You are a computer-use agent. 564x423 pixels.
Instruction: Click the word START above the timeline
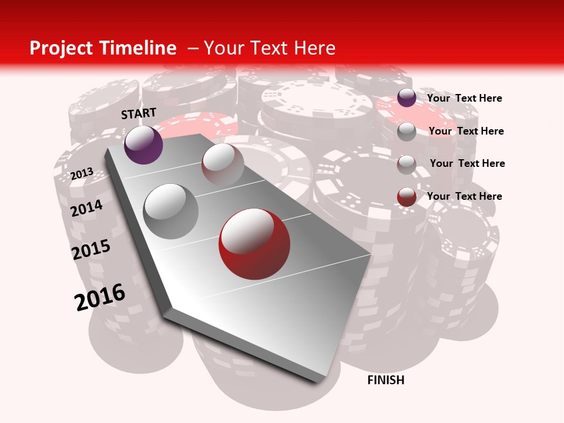(x=139, y=113)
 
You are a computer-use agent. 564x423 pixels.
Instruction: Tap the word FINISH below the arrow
(x=385, y=380)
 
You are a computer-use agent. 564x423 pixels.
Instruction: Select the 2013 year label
(x=82, y=174)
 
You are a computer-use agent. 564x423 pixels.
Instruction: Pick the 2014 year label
(x=86, y=208)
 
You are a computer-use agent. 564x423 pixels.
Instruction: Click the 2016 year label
(x=100, y=297)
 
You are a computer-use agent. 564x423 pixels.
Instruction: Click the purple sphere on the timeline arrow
(x=143, y=145)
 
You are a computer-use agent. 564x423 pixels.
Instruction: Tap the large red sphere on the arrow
(x=254, y=244)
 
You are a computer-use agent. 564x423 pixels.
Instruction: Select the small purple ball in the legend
(x=407, y=98)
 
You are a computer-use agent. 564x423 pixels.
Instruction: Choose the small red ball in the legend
(x=407, y=197)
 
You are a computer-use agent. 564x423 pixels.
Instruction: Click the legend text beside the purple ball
(x=464, y=98)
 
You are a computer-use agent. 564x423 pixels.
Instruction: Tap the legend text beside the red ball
(x=464, y=196)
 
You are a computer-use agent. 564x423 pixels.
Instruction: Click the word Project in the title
(x=61, y=48)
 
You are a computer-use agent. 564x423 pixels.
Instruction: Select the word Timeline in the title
(x=138, y=48)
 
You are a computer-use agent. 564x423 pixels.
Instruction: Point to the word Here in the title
(x=314, y=48)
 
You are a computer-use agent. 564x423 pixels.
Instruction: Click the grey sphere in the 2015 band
(x=171, y=211)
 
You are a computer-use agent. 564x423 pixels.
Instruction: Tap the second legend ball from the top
(x=407, y=132)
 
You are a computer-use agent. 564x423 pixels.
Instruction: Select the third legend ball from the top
(x=407, y=164)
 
